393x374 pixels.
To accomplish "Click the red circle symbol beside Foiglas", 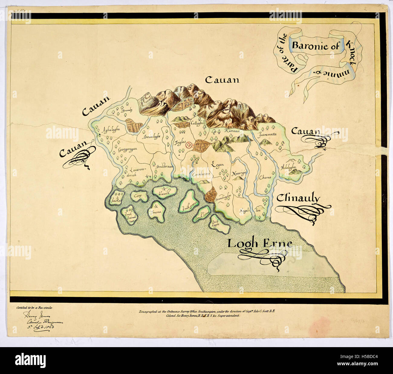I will click(x=189, y=145).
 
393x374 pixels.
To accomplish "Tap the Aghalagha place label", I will click(x=112, y=129).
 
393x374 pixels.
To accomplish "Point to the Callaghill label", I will click(x=198, y=123).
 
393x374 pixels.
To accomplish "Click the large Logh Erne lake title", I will click(x=259, y=243).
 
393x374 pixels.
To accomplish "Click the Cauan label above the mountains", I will click(x=222, y=80).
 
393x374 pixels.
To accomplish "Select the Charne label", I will click(x=264, y=177).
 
